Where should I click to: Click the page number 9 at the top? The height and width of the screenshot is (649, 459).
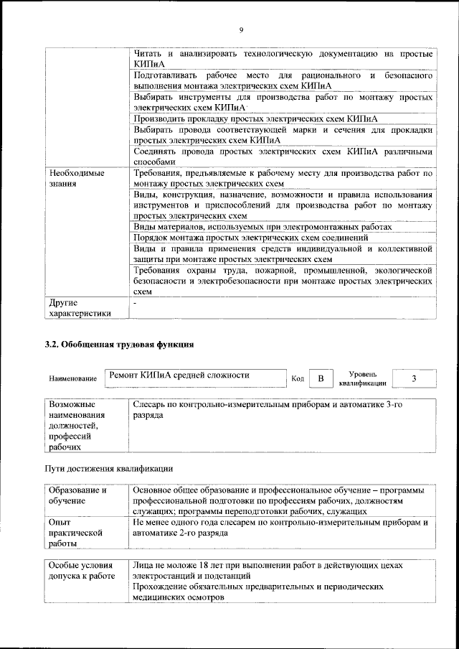242,29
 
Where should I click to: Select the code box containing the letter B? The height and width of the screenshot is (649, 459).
321,378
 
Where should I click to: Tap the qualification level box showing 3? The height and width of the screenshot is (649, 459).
415,378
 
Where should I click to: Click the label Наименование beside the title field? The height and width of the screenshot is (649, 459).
73,378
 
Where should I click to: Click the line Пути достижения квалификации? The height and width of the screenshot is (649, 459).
109,469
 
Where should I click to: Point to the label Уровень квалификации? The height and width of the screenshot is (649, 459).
363,378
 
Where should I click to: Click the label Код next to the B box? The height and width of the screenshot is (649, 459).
298,378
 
